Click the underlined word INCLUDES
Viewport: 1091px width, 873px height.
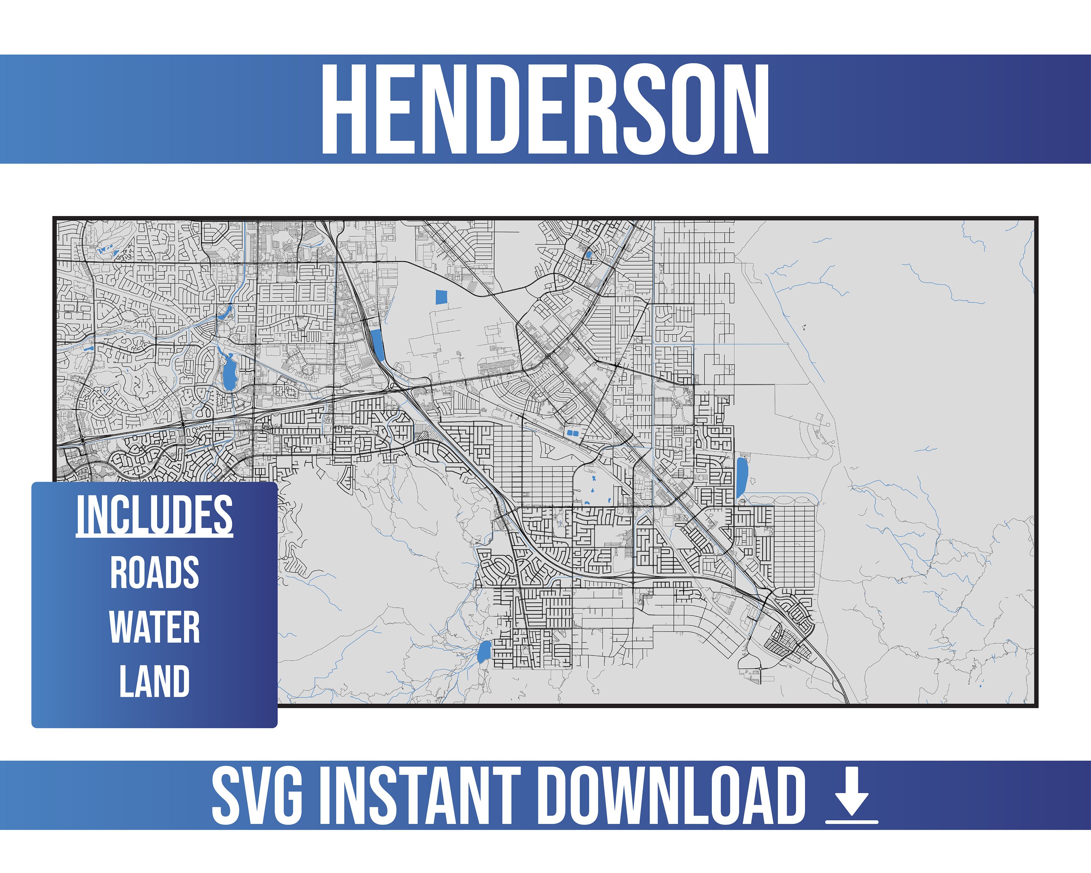(154, 515)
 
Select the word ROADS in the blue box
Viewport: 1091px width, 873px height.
(154, 573)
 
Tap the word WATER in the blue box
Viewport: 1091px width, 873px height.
(154, 627)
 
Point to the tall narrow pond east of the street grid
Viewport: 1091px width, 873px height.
(742, 477)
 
